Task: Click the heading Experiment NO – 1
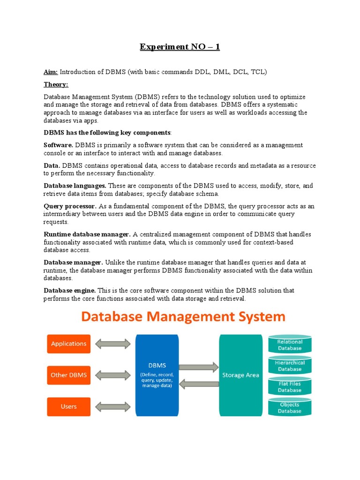180,47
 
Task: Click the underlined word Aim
51,72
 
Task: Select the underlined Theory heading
56,84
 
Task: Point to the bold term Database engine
70,291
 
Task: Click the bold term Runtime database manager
87,234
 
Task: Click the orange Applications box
68,344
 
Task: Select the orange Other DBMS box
68,375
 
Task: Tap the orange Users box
68,406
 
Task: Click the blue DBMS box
157,375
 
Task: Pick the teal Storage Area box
240,375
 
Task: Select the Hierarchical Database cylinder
289,366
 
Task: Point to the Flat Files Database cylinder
289,387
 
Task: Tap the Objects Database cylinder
289,407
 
